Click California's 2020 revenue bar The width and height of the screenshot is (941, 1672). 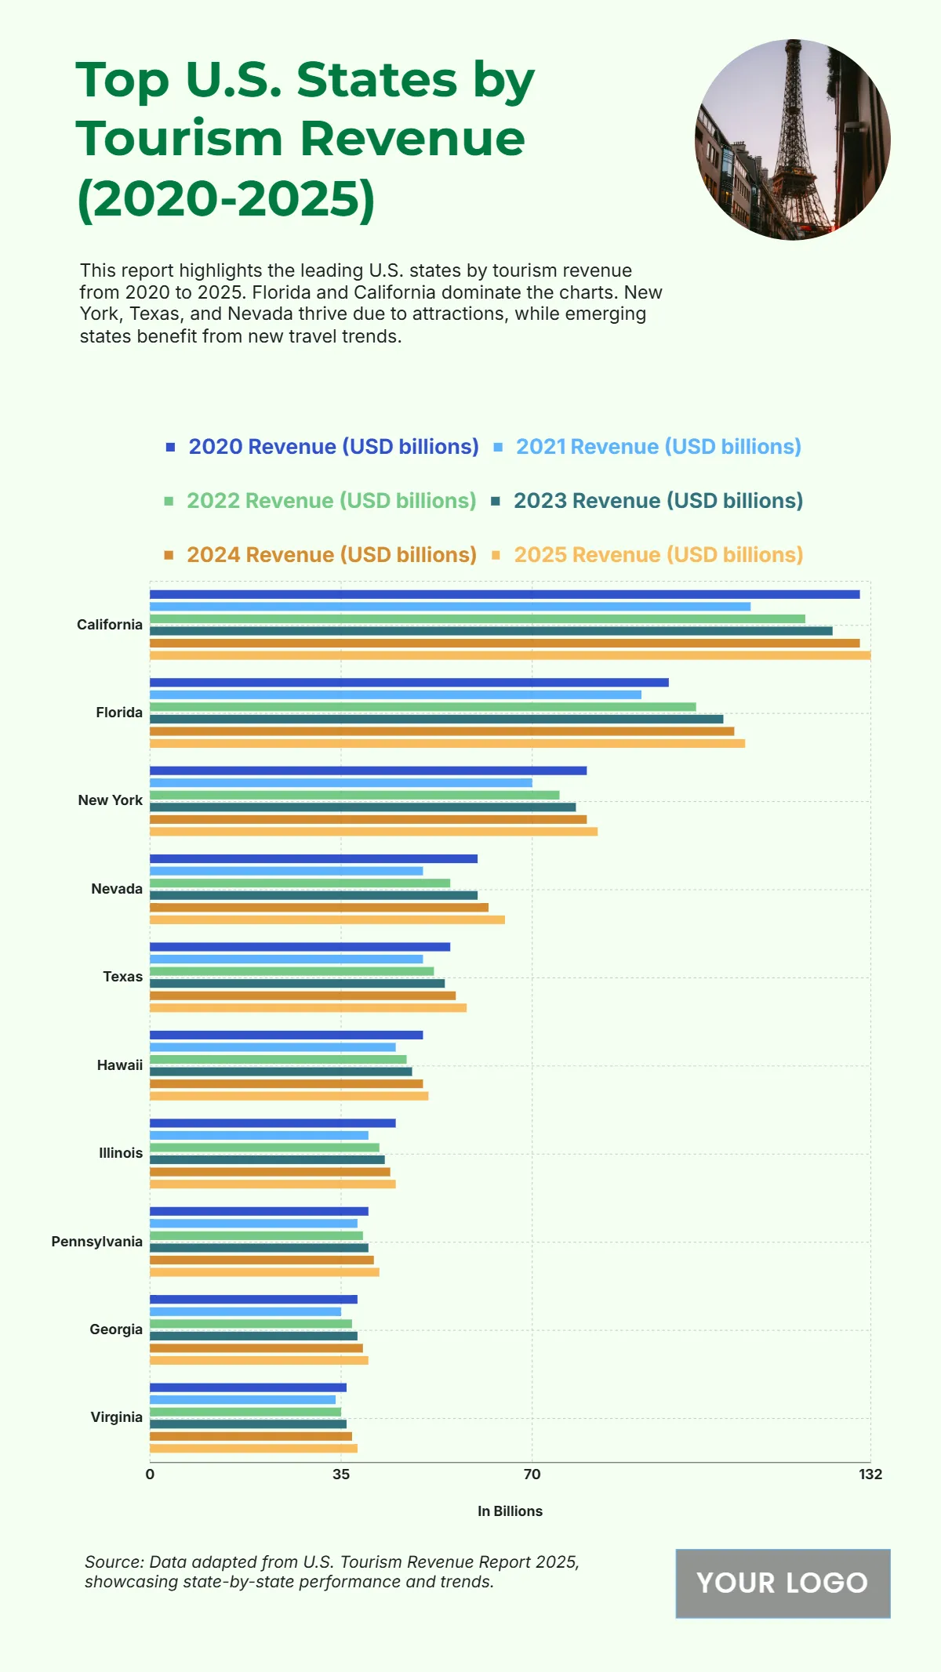pos(504,594)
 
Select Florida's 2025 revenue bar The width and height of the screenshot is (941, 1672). pos(447,743)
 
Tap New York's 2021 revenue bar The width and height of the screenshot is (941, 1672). pos(340,782)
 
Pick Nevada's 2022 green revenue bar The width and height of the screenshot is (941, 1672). pos(300,883)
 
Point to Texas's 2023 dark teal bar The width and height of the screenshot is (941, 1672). pos(297,983)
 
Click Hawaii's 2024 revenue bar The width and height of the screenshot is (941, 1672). pos(286,1083)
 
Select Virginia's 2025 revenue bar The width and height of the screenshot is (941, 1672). pos(253,1449)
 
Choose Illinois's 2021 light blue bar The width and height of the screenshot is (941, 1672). pos(259,1135)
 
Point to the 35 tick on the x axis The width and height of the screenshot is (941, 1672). pos(341,1474)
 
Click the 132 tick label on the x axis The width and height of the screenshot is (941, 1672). pos(870,1474)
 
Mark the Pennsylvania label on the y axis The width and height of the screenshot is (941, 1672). pos(97,1242)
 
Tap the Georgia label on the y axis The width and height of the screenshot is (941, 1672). pos(116,1329)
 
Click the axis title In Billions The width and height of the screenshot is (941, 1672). pos(510,1511)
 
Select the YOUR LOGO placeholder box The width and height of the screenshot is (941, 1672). pos(783,1583)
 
